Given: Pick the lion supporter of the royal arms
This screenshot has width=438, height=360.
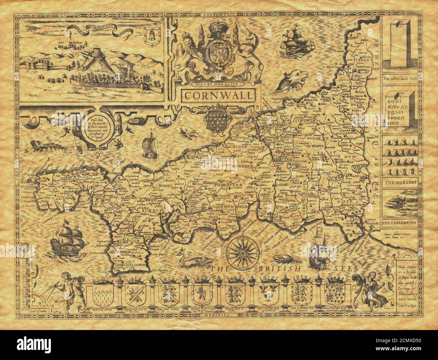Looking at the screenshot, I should tap(192, 51).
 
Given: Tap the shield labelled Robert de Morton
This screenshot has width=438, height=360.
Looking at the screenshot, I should tap(101, 292).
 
